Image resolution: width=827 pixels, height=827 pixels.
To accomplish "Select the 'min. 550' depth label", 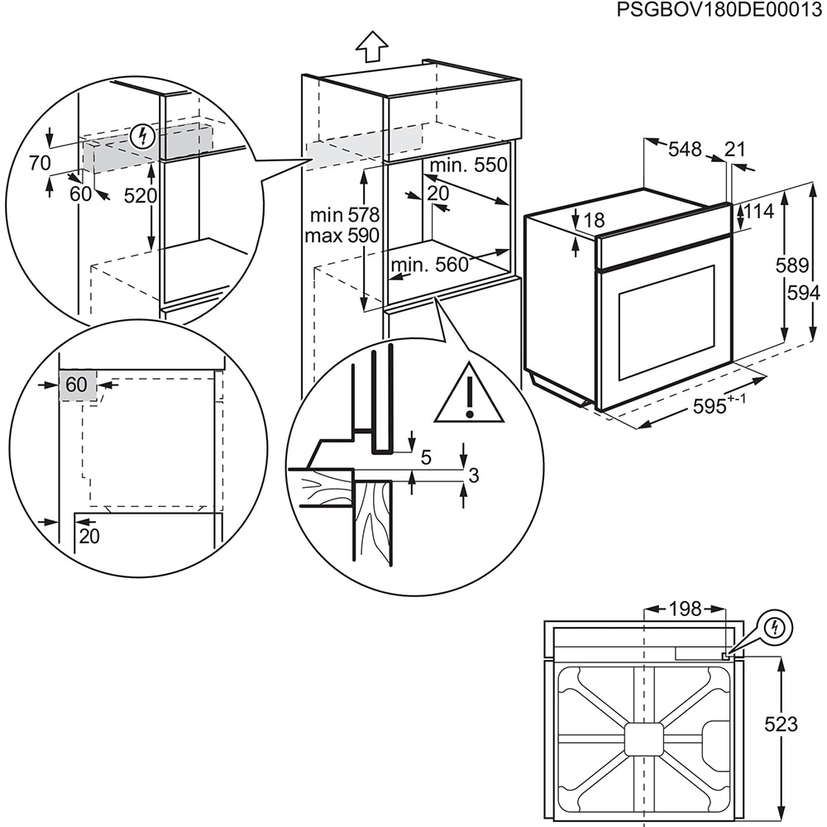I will point(468,165).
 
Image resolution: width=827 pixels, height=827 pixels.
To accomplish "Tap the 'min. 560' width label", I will point(429,265).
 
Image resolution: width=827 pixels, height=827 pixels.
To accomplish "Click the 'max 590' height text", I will point(342,236).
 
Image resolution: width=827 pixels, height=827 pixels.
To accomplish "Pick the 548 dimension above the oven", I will point(685,150).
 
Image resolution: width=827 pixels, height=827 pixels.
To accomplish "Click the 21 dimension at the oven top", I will point(734,150).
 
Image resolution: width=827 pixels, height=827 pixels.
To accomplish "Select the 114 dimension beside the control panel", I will point(758,212).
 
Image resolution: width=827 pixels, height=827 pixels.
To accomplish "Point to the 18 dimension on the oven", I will point(594,220).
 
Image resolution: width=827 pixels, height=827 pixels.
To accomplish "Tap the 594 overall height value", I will point(803,293).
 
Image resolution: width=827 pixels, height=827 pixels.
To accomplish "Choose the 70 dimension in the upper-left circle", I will point(39,163).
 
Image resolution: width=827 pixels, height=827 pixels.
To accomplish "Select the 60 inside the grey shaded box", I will point(76,385).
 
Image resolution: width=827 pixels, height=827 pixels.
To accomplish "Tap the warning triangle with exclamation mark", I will point(469,395).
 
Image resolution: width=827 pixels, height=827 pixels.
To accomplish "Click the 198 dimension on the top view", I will point(684,609).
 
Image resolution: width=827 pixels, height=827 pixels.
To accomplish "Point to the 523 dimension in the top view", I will point(781,724).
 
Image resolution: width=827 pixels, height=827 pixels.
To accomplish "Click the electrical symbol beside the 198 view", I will point(774,628).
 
